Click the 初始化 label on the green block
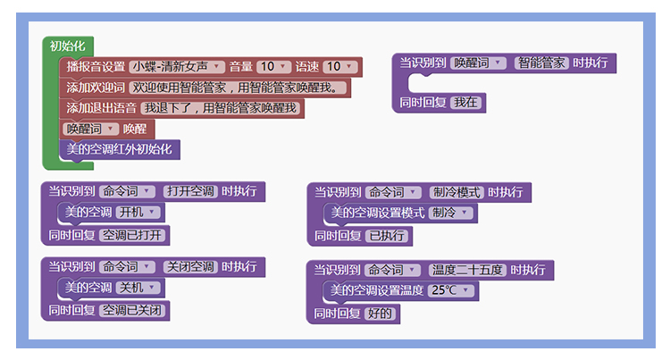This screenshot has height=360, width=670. pos(67,46)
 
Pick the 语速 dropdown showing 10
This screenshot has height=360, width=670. pos(339,66)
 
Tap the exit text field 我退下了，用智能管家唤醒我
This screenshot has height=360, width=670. pos(220,107)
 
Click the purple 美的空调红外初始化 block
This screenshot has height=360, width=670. pos(119,148)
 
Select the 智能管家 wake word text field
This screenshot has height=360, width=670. pos(541,63)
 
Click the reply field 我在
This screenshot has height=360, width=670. pos(466,103)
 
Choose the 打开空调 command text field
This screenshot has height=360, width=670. pos(190,191)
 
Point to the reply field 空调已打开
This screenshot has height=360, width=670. pos(133,236)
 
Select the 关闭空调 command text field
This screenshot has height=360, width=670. pos(190,266)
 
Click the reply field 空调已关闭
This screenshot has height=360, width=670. pos(133,311)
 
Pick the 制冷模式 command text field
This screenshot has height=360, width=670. pos(456,192)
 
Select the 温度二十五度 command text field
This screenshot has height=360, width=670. pos(467,269)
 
